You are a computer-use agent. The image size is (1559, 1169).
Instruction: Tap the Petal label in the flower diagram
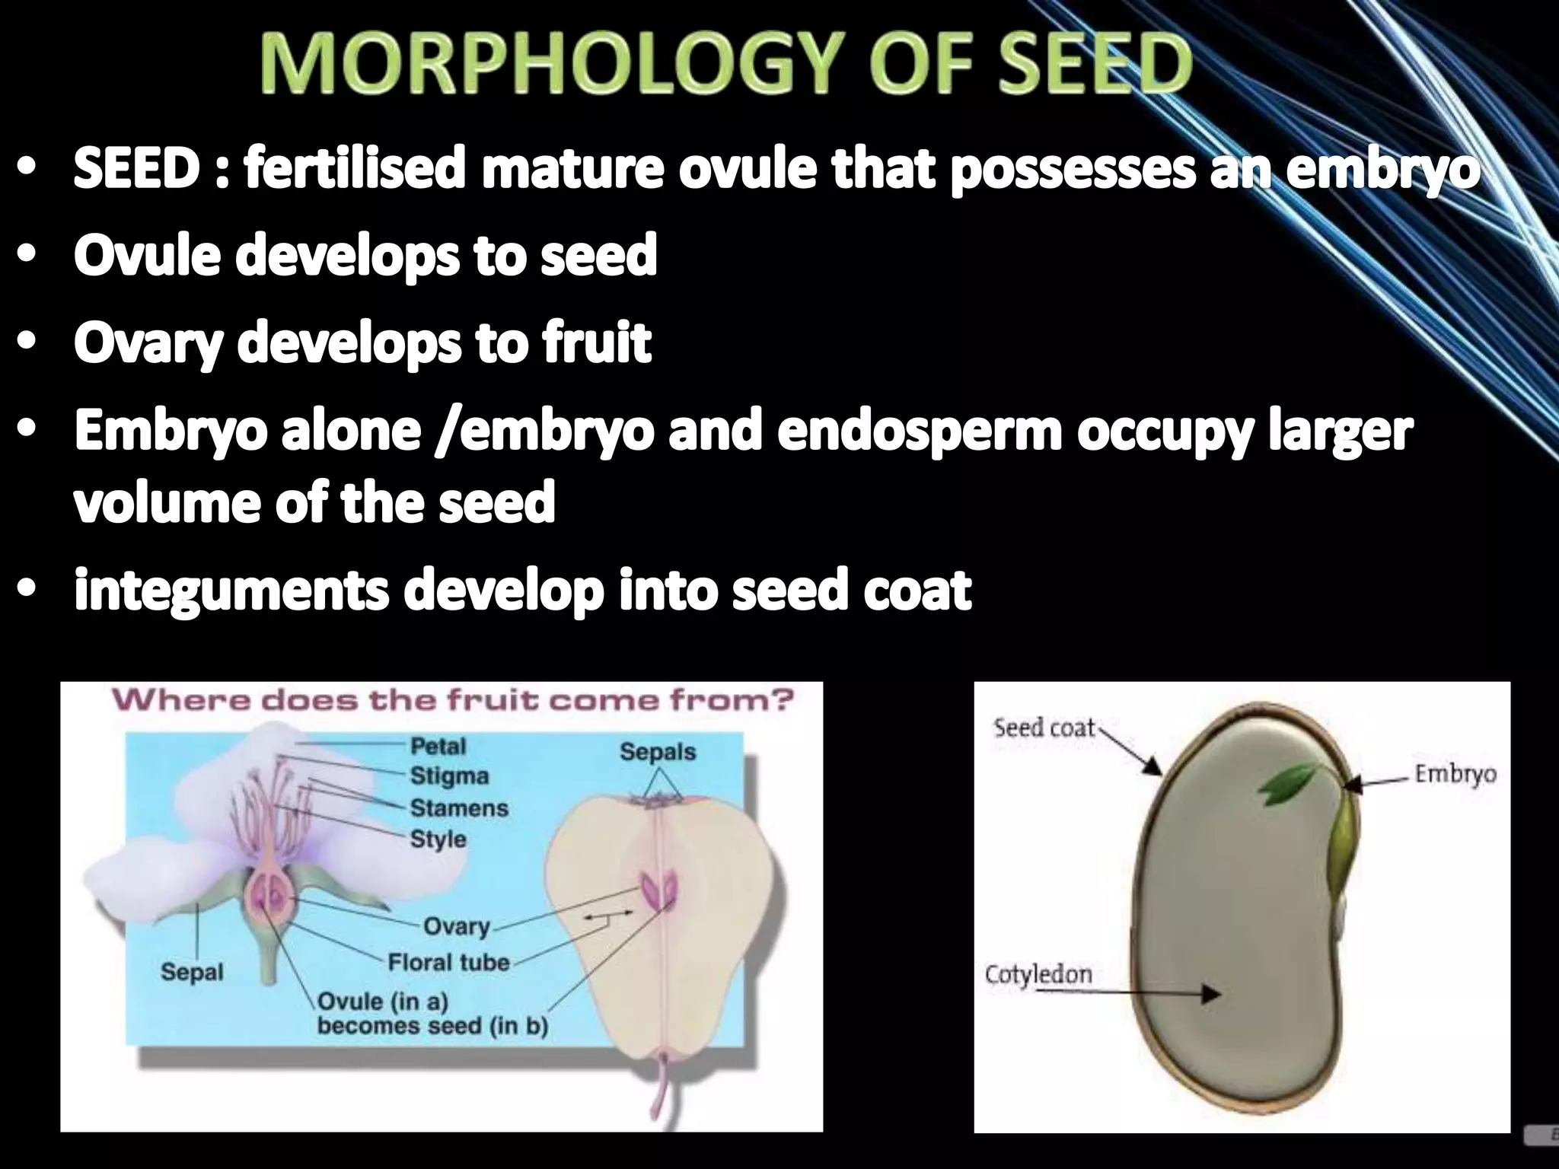438,746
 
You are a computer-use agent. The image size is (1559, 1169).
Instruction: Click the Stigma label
449,776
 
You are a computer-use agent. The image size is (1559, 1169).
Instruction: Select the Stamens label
459,807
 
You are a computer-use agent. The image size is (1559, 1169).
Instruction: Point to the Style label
438,839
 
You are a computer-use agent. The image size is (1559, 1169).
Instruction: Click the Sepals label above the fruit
658,752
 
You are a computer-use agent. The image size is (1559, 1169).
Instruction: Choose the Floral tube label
448,963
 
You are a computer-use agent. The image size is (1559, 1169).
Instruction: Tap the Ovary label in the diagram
456,926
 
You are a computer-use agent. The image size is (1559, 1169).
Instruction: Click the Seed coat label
1044,728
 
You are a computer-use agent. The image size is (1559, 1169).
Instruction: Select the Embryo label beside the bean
1455,775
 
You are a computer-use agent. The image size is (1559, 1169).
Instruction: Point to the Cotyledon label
1038,975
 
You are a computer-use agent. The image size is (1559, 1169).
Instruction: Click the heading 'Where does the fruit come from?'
452,700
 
